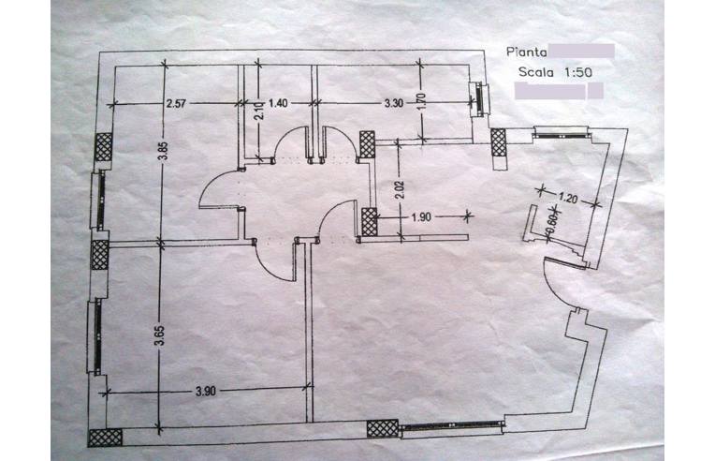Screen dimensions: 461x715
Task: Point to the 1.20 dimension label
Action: click(x=567, y=198)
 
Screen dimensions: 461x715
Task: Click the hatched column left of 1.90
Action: click(x=369, y=223)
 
